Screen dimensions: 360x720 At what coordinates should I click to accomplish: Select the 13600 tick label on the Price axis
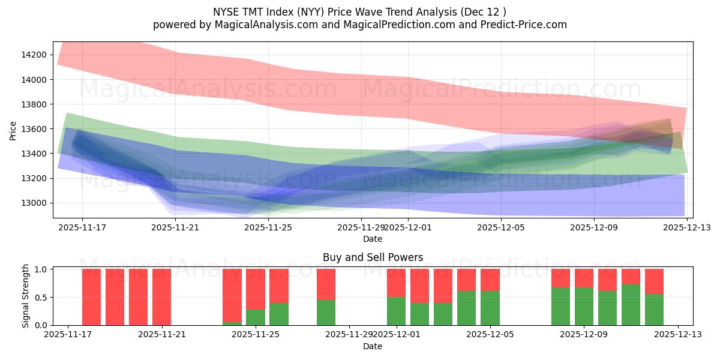point(34,129)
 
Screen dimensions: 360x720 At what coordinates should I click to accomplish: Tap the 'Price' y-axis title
point(13,130)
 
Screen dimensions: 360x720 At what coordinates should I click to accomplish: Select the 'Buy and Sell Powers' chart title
point(373,257)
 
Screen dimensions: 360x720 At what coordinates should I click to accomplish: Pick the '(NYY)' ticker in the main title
point(304,11)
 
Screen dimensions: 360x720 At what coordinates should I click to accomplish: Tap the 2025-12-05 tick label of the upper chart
point(501,227)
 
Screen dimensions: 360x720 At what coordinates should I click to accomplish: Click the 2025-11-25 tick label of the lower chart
point(256,335)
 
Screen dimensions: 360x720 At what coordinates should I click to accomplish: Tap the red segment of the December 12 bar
point(654,281)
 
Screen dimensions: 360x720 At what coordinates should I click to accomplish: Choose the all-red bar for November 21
point(162,297)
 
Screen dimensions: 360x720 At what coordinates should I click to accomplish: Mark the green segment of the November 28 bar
point(326,313)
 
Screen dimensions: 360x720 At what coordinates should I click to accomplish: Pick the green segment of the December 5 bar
point(490,308)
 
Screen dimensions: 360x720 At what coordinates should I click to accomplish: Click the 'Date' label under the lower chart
point(373,346)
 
